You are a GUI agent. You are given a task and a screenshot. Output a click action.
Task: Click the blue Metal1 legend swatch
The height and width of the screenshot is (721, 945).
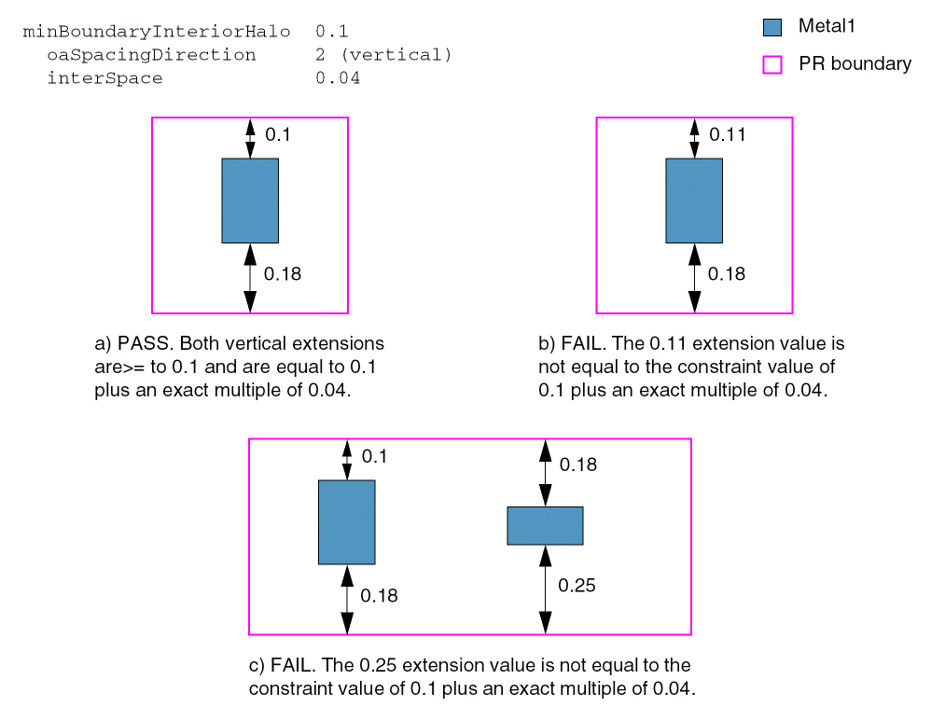click(x=771, y=27)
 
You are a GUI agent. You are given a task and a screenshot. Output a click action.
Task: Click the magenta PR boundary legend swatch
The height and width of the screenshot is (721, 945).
click(x=771, y=64)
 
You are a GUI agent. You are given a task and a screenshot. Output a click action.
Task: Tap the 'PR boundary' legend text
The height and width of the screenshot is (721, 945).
click(x=855, y=64)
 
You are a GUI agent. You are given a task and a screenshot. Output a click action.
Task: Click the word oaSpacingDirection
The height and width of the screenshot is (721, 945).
click(x=151, y=55)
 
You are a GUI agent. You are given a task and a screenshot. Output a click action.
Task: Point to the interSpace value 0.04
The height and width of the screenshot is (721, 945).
click(x=338, y=78)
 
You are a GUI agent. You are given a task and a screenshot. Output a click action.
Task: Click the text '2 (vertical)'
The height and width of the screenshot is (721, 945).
click(x=383, y=55)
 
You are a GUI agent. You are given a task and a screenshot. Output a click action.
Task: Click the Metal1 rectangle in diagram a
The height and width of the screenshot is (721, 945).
click(x=250, y=201)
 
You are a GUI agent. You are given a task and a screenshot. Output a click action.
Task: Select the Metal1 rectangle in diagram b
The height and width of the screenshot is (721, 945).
click(x=694, y=201)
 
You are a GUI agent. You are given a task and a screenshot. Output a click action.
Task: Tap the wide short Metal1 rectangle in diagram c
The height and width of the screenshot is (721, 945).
click(x=545, y=525)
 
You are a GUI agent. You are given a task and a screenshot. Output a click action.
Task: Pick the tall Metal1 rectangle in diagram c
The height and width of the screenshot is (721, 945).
click(x=347, y=522)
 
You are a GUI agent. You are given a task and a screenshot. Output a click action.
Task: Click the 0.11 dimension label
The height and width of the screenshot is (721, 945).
click(x=728, y=135)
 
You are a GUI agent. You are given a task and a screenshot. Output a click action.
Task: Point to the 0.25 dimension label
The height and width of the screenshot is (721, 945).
click(x=577, y=586)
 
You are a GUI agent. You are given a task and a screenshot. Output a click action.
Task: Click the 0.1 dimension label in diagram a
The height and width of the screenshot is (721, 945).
click(x=278, y=135)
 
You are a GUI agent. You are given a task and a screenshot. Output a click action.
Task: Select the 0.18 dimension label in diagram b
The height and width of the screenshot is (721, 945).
click(x=727, y=274)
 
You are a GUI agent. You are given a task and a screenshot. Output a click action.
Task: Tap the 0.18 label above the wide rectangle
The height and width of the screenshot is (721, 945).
click(x=578, y=464)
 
